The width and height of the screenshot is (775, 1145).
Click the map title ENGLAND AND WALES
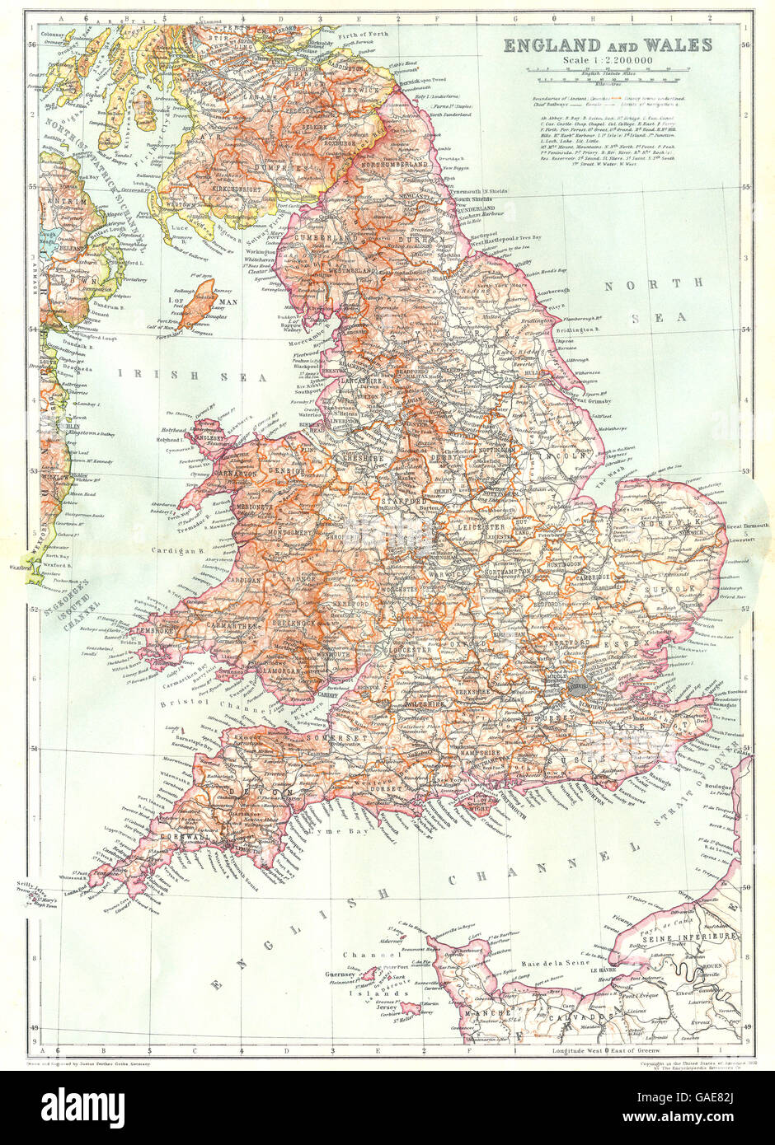click(608, 45)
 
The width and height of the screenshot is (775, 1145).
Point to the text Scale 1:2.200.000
click(608, 61)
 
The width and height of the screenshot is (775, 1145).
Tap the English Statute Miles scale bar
click(608, 80)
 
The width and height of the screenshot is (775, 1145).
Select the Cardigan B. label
click(173, 550)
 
